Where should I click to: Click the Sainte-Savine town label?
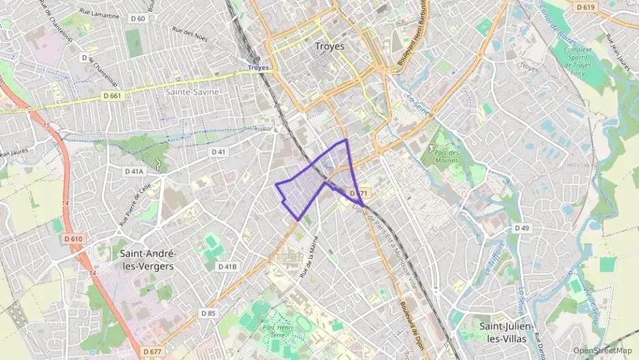193,92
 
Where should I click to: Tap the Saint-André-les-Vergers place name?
147,259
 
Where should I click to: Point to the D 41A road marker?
134,170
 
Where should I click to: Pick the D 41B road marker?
227,266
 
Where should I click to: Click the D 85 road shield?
208,312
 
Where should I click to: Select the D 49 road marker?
522,227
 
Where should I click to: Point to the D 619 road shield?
585,7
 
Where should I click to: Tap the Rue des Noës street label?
189,31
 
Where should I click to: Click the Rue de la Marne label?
309,256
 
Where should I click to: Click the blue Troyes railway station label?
258,68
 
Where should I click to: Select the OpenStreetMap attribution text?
602,350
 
